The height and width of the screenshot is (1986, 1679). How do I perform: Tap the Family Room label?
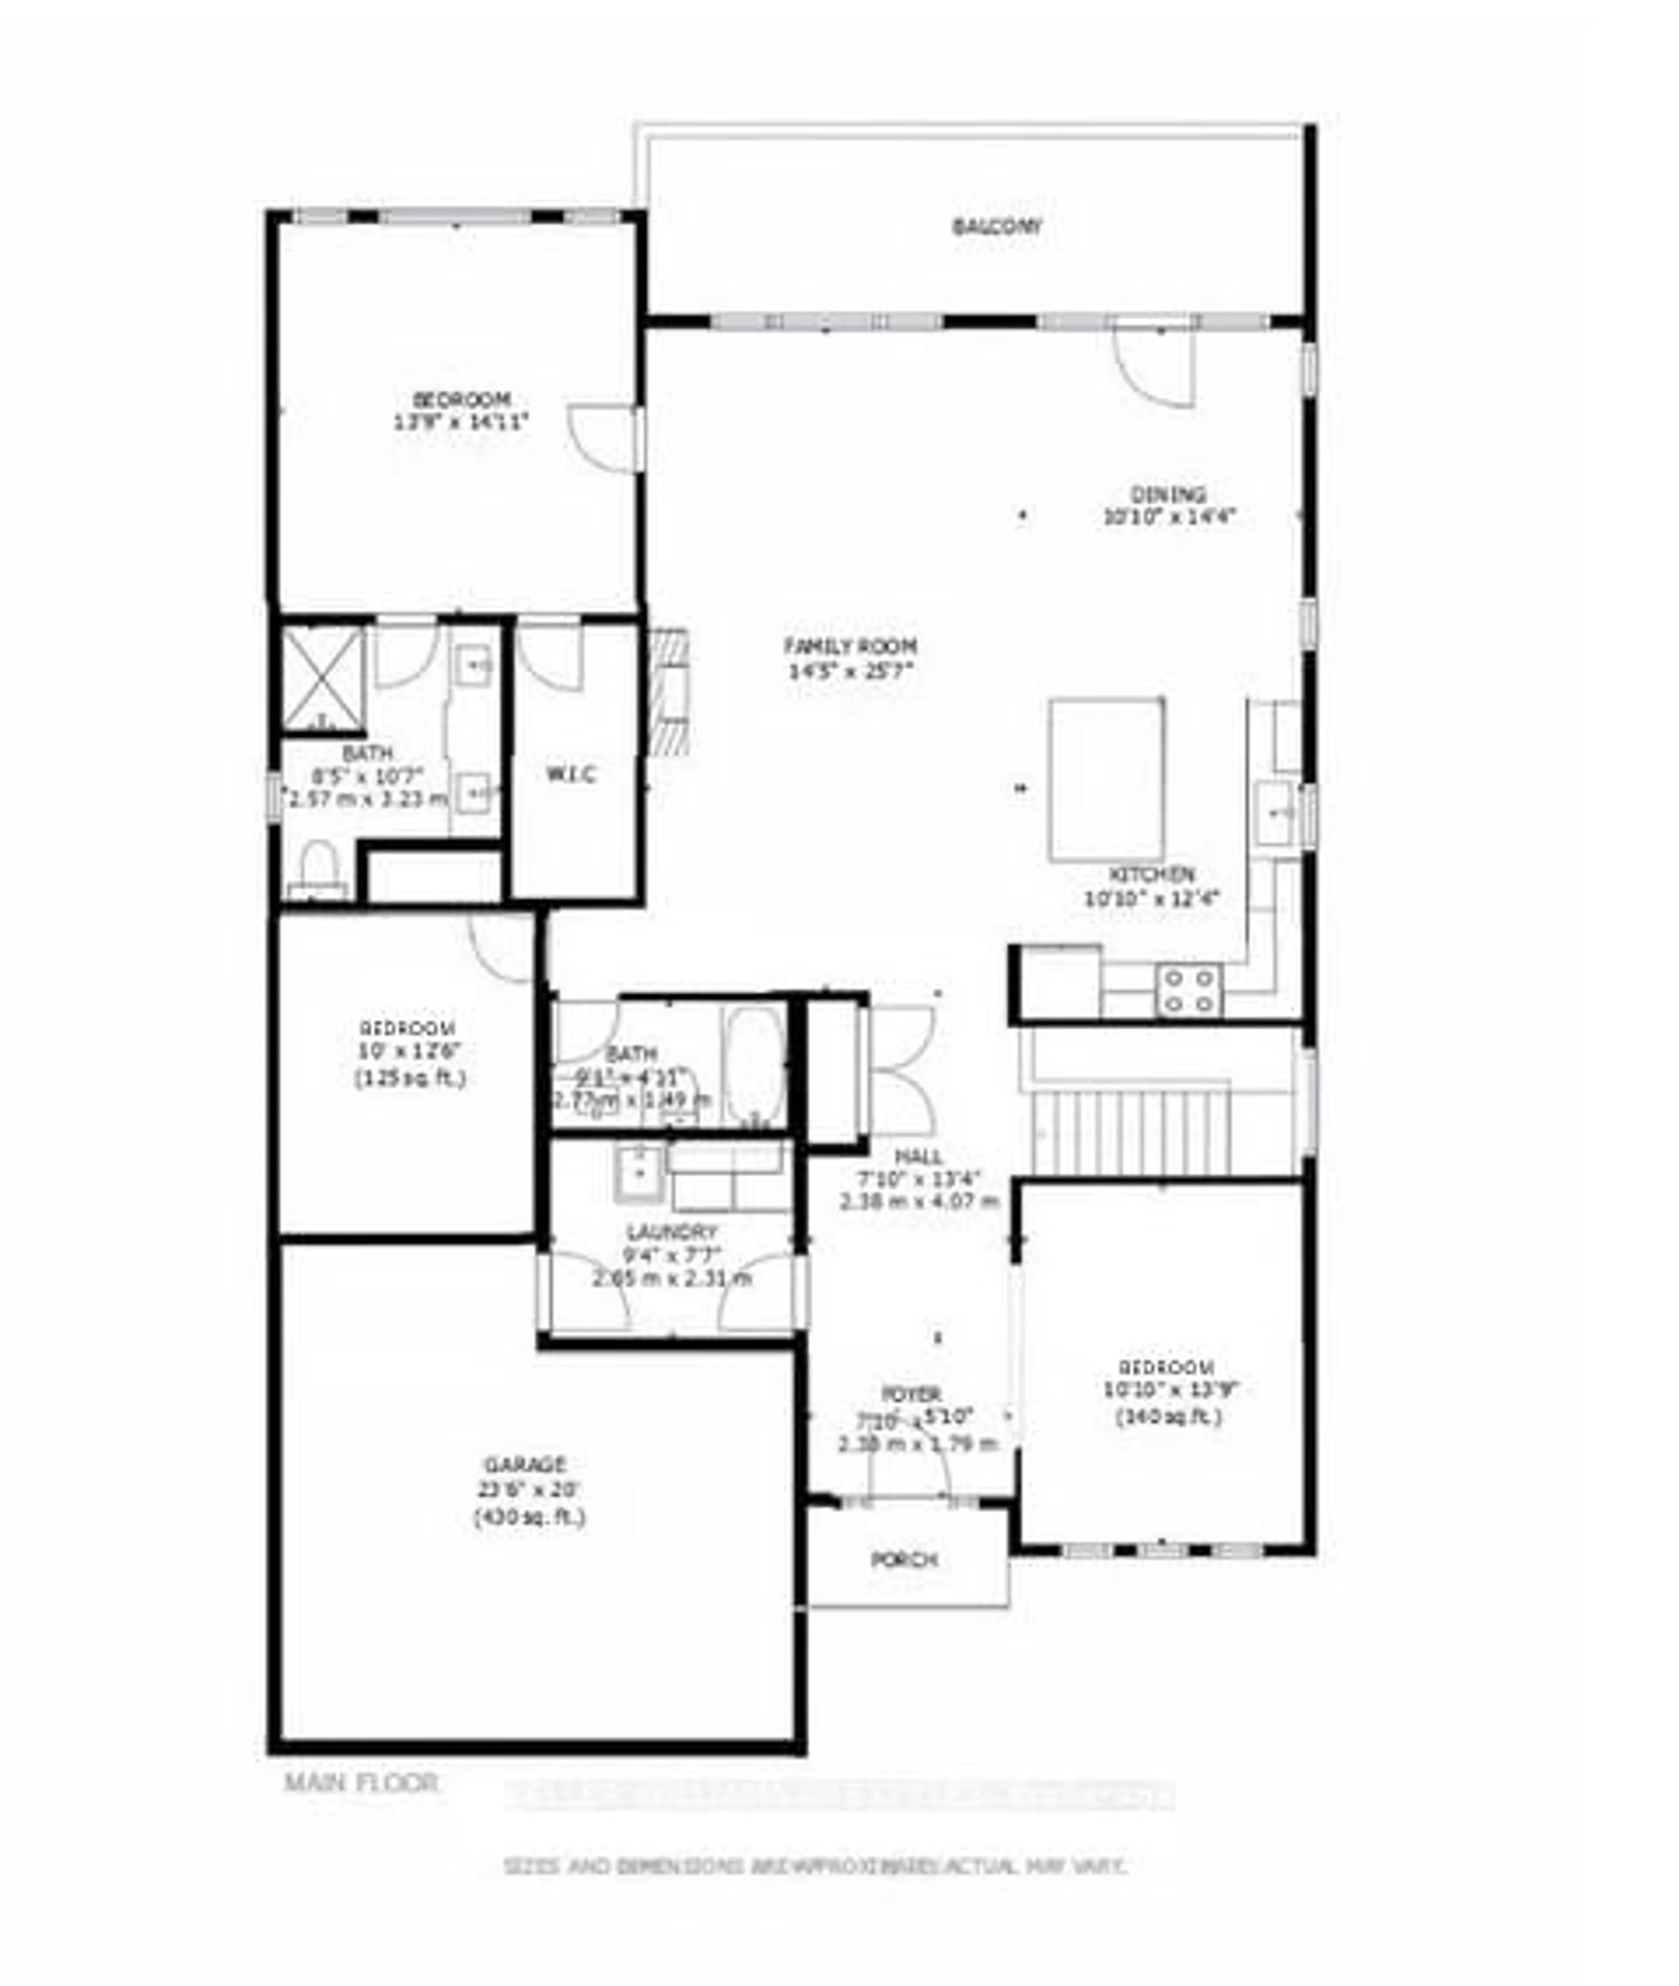coord(850,646)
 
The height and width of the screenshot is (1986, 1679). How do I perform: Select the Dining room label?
coord(1168,495)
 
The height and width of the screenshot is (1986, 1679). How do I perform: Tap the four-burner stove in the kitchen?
coord(1188,990)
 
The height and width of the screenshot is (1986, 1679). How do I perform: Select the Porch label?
coord(904,1560)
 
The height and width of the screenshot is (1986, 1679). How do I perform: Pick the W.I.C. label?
coord(571,774)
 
